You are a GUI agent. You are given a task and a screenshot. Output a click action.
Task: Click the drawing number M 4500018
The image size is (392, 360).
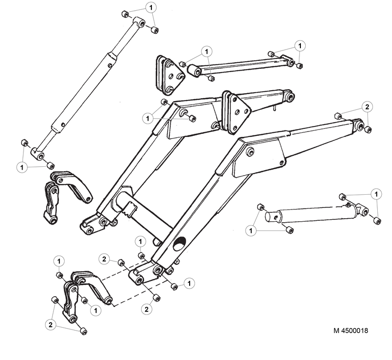tap(351, 331)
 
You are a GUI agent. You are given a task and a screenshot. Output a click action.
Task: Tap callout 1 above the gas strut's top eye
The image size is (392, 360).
tap(151, 8)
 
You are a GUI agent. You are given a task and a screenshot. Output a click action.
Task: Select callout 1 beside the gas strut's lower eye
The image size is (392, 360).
tap(22, 167)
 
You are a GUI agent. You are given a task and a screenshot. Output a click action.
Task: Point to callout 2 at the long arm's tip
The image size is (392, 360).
tap(366, 106)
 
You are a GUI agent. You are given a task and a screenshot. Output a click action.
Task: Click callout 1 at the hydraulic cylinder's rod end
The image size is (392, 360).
tap(376, 195)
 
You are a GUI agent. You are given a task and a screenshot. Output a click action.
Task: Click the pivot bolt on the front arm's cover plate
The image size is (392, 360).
tap(251, 153)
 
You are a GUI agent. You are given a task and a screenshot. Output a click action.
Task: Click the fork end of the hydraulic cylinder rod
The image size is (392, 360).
tap(361, 211)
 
